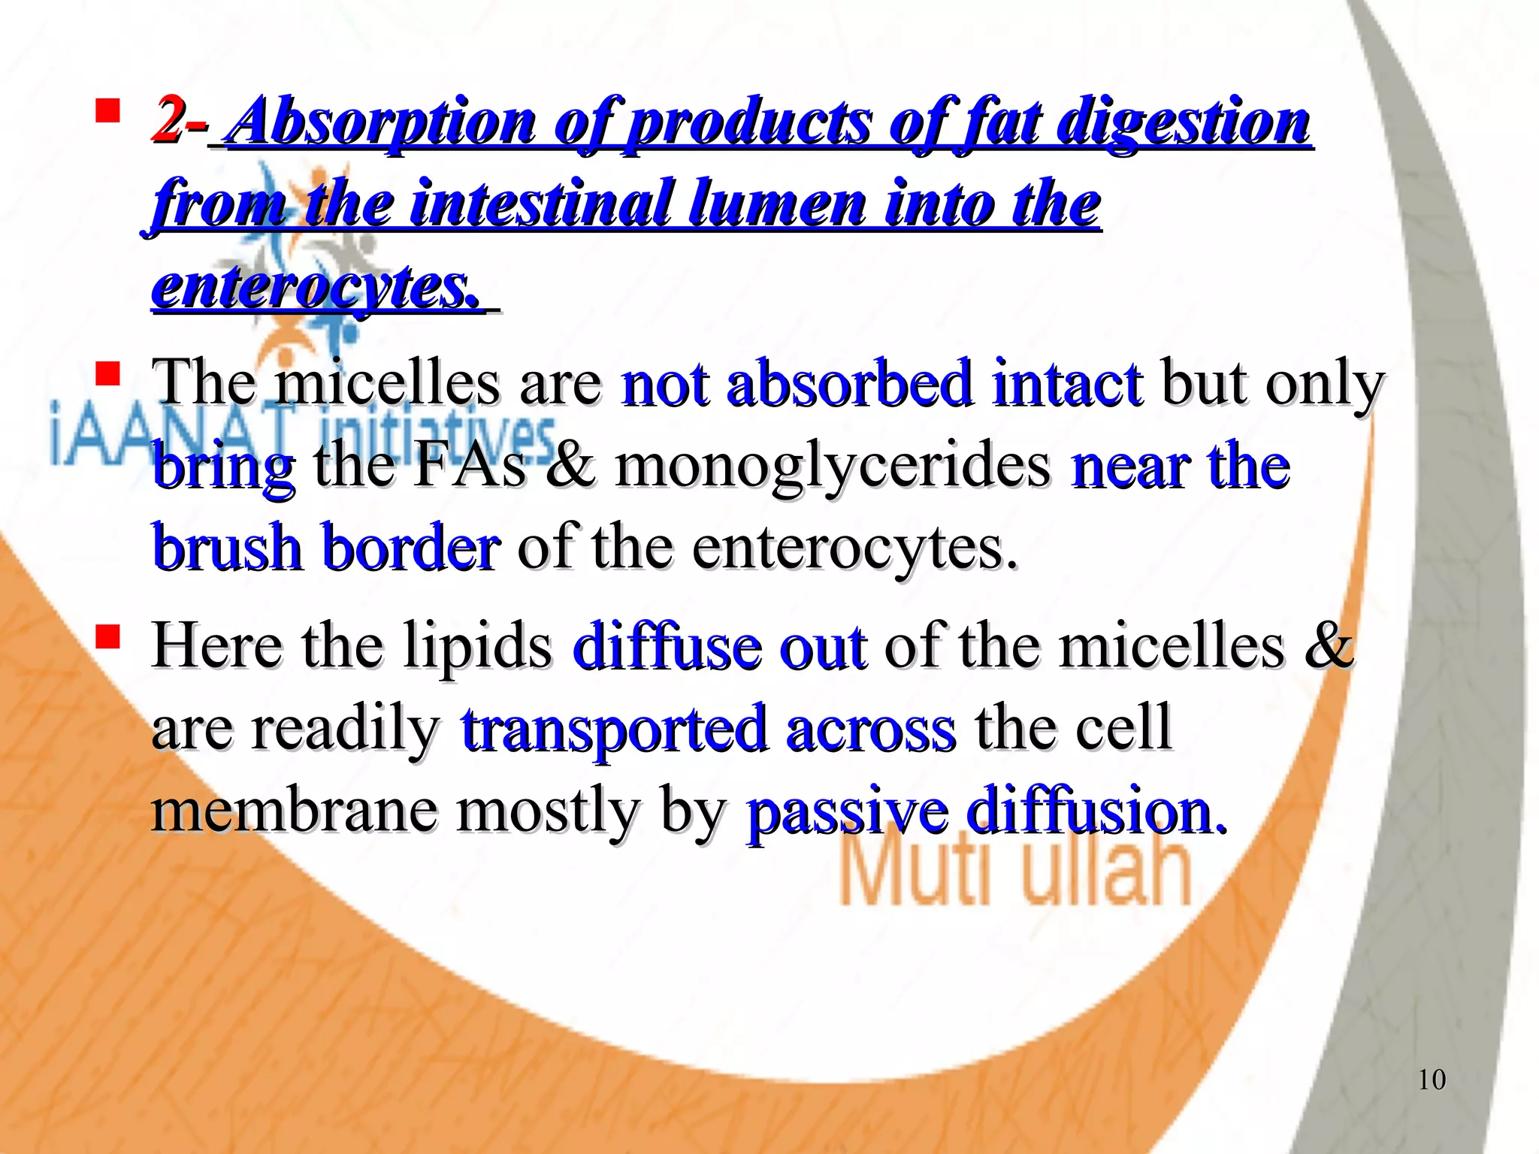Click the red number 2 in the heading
click(166, 120)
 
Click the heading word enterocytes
click(315, 288)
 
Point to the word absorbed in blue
click(849, 384)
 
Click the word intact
click(1067, 384)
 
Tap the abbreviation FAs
click(470, 466)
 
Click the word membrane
click(294, 811)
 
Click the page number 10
click(1432, 1080)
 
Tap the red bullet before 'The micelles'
click(108, 374)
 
